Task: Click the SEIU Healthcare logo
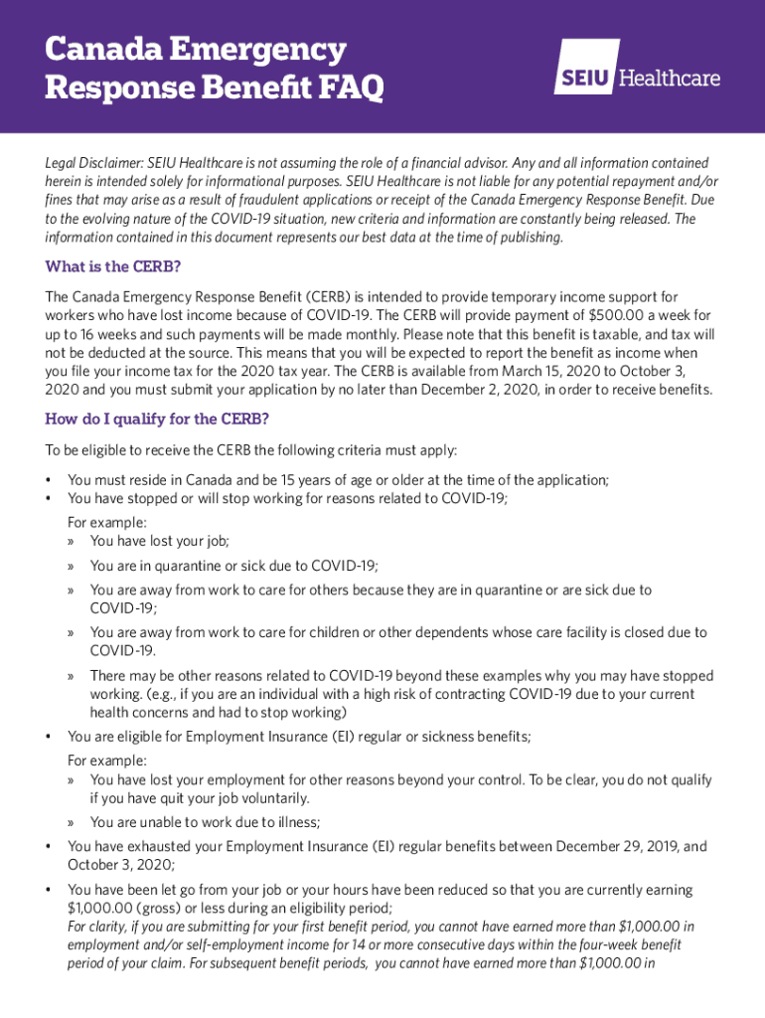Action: coord(636,68)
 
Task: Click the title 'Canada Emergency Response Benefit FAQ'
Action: coord(214,70)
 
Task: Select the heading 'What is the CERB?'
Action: coord(113,266)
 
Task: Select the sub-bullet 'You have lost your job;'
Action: coord(159,541)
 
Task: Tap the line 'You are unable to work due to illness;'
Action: coord(205,822)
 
